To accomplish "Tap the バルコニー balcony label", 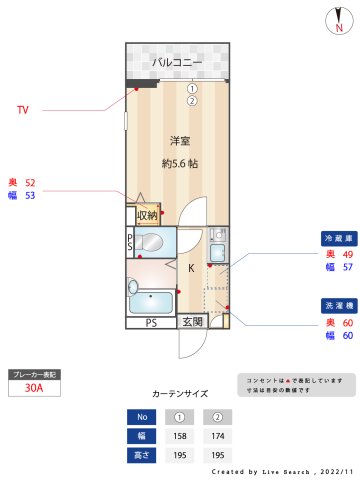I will [x=177, y=63].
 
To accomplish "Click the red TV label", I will [x=23, y=110].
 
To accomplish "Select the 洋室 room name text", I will [x=179, y=140].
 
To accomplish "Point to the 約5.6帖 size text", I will [x=179, y=163].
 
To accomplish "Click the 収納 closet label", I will [x=147, y=215].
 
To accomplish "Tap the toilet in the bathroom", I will [x=153, y=241].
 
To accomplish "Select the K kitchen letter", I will [x=190, y=267].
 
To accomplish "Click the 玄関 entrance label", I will [x=192, y=322].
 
